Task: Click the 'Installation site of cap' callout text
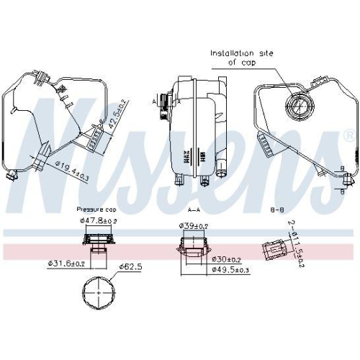pos(242,57)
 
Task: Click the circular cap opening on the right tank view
pos(297,109)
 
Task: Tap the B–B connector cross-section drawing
pos(274,251)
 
